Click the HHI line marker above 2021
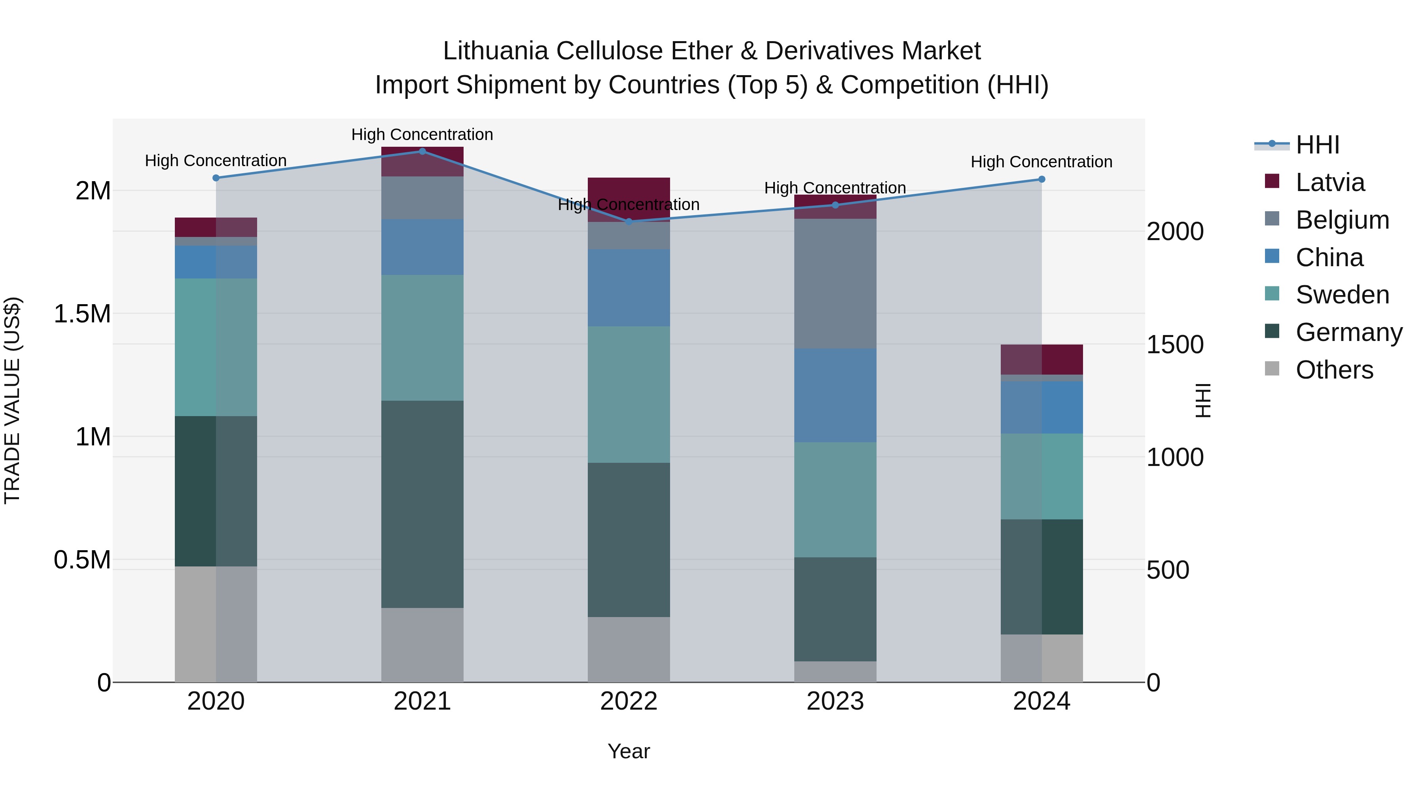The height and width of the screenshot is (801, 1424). click(x=422, y=151)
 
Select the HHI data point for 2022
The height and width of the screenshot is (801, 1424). click(x=629, y=221)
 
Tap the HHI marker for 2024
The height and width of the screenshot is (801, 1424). click(x=1041, y=179)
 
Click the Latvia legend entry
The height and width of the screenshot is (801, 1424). click(x=1329, y=182)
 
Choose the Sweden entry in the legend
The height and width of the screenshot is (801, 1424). click(x=1342, y=295)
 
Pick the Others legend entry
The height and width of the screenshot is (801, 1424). click(x=1334, y=370)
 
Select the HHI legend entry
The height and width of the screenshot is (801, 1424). click(x=1317, y=145)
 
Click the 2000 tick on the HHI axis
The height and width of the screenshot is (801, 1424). click(x=1175, y=232)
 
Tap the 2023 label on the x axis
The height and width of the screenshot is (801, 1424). click(x=835, y=701)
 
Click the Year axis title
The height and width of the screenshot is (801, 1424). click(x=629, y=751)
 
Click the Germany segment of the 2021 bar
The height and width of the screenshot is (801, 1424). click(x=422, y=504)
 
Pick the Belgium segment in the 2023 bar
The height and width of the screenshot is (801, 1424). click(x=835, y=283)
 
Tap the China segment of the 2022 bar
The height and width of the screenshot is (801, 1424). click(x=629, y=288)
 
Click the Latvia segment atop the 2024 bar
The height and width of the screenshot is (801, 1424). click(x=1041, y=359)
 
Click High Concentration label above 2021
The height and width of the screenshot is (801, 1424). click(x=422, y=134)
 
